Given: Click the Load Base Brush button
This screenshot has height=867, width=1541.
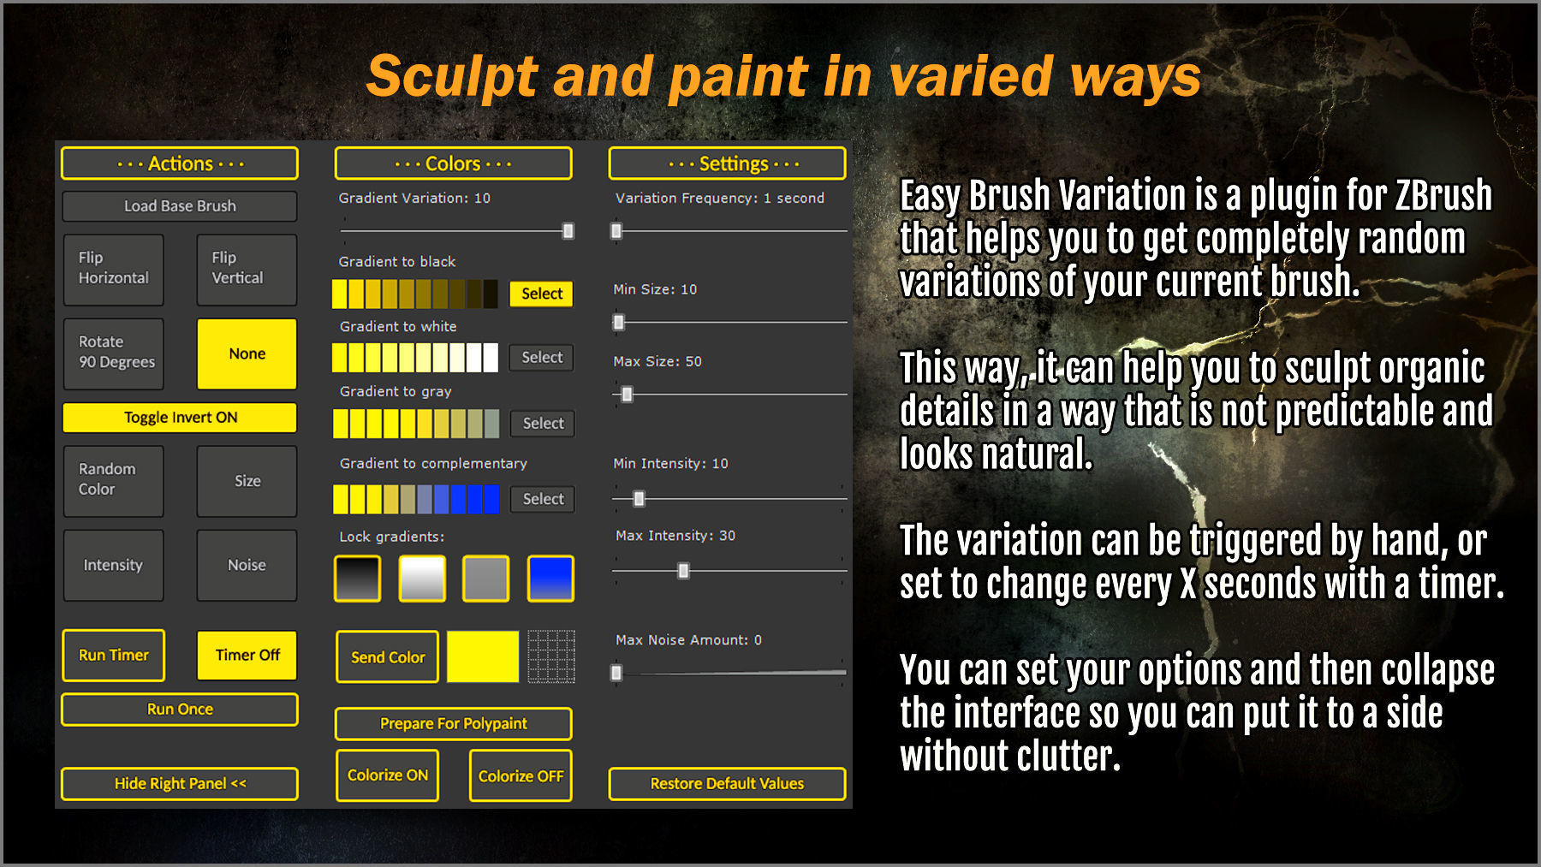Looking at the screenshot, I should pos(180,206).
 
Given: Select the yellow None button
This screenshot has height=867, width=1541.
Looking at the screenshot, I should pos(247,353).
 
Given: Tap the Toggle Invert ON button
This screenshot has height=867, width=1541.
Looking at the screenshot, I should pos(180,418).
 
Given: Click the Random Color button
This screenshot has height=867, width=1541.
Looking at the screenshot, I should pos(113,480).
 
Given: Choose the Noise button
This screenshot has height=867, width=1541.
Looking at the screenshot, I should pos(247,565).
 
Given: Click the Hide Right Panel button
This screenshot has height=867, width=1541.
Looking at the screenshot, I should pos(180,783).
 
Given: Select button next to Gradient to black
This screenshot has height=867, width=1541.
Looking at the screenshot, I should pos(541,294).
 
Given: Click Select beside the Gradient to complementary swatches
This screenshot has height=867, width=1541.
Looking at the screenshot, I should pos(543,499).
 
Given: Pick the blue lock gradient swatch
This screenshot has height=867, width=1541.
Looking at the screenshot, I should pos(550,579).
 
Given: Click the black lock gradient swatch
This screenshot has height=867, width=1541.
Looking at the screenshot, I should pos(357,579).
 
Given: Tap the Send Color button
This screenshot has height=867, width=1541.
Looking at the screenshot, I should pos(387,657).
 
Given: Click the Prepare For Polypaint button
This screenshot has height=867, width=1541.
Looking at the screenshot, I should pos(453,723).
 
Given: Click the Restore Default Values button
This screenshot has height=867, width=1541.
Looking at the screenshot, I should pos(727,783).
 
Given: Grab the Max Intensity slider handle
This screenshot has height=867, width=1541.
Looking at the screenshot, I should pos(683,571).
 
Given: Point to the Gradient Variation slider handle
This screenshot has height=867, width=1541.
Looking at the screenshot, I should pos(568,231).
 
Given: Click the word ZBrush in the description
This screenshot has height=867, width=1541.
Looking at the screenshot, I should pos(1443,196).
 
